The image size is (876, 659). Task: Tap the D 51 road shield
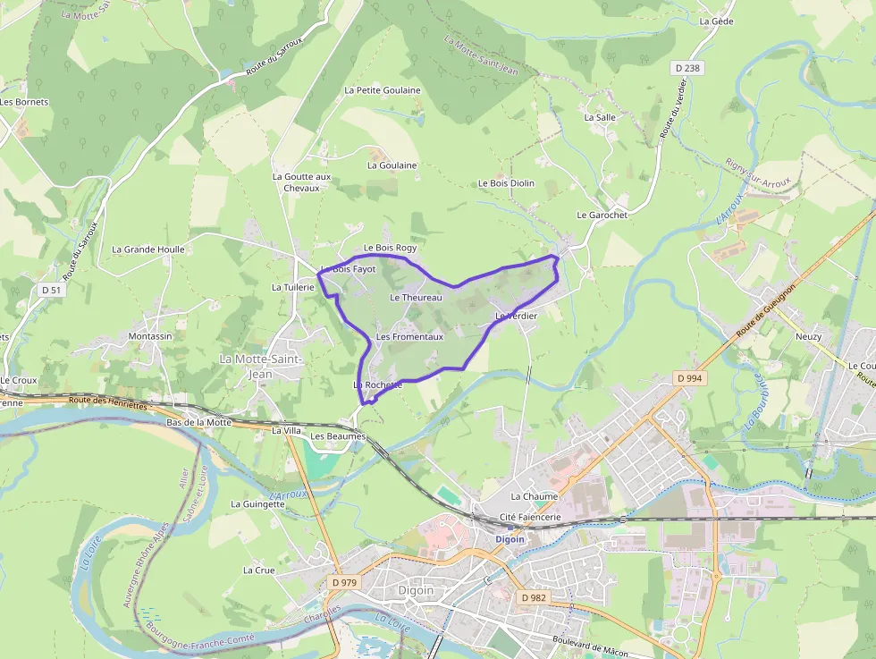52,290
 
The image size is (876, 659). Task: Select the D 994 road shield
689,378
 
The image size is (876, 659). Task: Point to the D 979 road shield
343,582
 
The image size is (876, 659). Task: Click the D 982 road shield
534,597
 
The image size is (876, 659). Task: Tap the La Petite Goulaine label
383,90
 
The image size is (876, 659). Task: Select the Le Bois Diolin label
506,183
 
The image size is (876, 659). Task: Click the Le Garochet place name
602,215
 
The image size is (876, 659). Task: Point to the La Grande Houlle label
148,249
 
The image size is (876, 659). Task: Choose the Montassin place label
150,336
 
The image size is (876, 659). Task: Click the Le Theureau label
416,297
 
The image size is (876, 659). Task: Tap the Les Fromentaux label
409,337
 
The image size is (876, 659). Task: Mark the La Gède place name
716,21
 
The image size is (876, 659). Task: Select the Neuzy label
808,337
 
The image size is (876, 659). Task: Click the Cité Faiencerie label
530,517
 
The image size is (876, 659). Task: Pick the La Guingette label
257,504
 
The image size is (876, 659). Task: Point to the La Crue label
259,570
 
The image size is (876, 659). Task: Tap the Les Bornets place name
24,102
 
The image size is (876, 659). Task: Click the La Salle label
600,117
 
